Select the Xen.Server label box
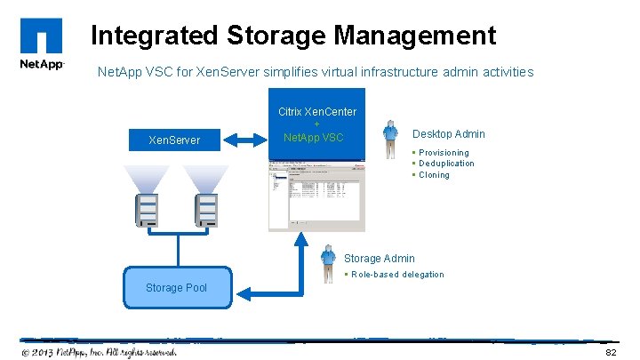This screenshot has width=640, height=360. click(x=174, y=140)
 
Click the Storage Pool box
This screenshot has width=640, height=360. click(x=176, y=287)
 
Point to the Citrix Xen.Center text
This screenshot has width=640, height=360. click(x=317, y=112)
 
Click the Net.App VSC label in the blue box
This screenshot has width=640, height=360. click(x=313, y=138)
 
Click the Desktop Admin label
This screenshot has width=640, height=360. click(x=449, y=134)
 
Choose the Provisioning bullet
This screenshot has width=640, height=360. click(x=444, y=153)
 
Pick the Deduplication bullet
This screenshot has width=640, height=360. click(x=446, y=164)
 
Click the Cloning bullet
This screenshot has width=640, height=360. click(x=434, y=175)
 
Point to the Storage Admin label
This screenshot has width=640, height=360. click(x=379, y=259)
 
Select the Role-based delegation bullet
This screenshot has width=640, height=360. click(x=397, y=275)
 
